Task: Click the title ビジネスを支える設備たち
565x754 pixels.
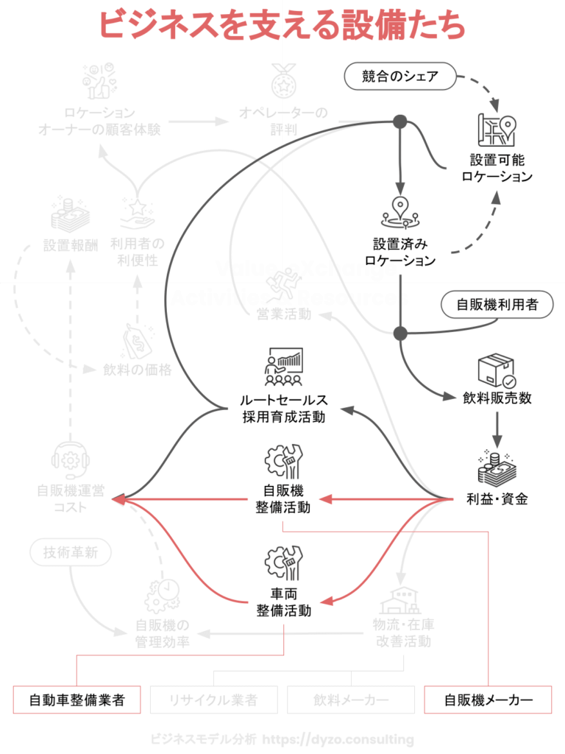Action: pyautogui.click(x=282, y=24)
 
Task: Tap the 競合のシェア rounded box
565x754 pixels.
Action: pyautogui.click(x=400, y=76)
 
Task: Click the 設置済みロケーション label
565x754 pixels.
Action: pyautogui.click(x=400, y=251)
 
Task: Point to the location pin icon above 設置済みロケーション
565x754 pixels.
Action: pyautogui.click(x=399, y=212)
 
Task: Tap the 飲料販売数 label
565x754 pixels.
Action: pyautogui.click(x=497, y=398)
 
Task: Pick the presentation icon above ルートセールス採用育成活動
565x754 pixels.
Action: pyautogui.click(x=284, y=367)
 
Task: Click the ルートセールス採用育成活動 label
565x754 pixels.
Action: pyautogui.click(x=284, y=409)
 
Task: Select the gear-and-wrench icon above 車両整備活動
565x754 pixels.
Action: pyautogui.click(x=284, y=563)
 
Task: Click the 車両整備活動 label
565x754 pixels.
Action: pyautogui.click(x=284, y=602)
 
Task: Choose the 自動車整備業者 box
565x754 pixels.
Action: pyautogui.click(x=77, y=700)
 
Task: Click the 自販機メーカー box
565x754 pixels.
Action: pyautogui.click(x=488, y=700)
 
